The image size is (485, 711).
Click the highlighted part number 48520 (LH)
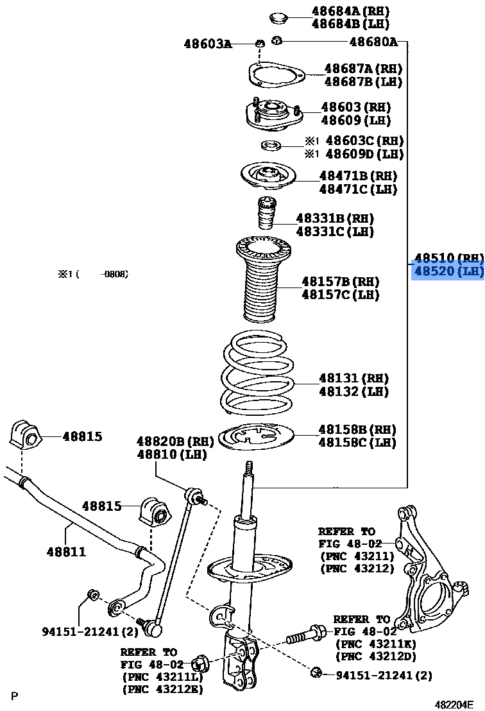pos(448,271)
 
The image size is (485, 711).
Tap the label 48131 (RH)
pos(353,378)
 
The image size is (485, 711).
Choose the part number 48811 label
pos(65,551)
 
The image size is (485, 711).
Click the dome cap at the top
pos(277,17)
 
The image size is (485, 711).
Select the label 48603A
pos(207,44)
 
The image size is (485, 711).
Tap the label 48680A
pos(373,42)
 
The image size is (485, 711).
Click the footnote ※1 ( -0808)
pos(94,274)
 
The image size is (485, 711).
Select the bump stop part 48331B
pos(266,215)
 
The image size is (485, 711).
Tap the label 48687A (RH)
pos(362,68)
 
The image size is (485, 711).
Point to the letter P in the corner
pos(14,696)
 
